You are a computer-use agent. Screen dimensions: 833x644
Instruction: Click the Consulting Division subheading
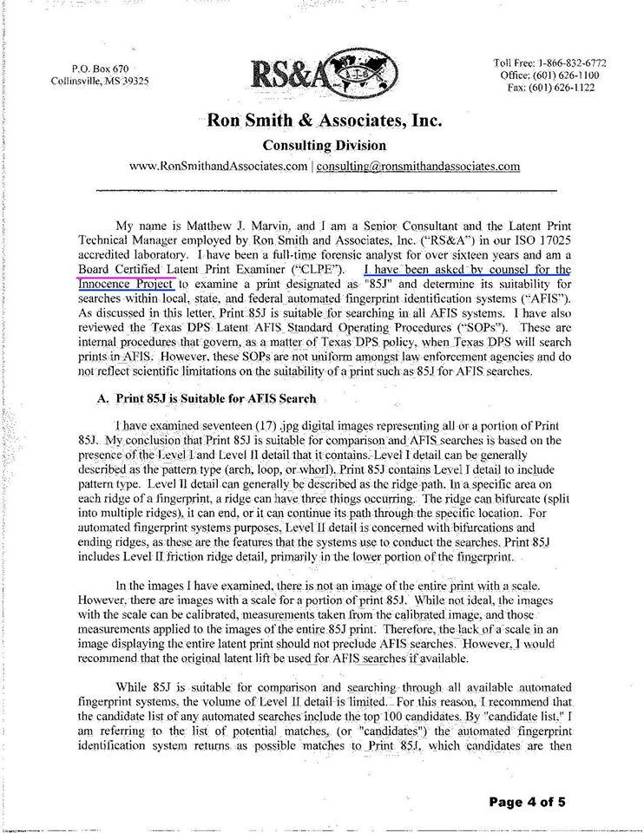coord(324,145)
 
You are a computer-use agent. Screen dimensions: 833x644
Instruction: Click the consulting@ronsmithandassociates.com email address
coord(418,165)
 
